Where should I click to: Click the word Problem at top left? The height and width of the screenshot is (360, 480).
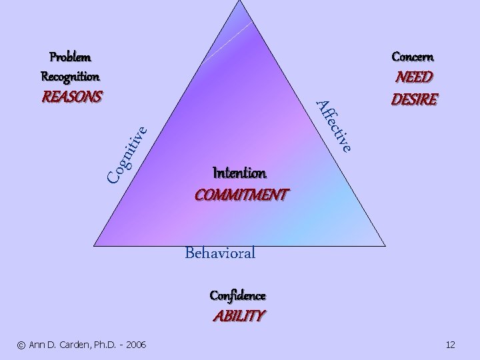[71, 57]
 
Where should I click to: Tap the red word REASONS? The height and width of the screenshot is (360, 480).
[72, 97]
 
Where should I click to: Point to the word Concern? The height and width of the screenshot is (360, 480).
[414, 57]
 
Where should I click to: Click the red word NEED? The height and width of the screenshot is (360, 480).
[414, 77]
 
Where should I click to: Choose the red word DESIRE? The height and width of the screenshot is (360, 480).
[414, 99]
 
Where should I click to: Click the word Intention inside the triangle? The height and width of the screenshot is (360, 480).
[239, 173]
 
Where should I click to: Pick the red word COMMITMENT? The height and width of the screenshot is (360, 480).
[241, 195]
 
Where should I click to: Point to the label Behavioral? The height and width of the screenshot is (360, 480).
[220, 253]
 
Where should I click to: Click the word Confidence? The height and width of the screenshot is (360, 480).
[238, 295]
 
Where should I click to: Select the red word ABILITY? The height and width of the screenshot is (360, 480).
[238, 315]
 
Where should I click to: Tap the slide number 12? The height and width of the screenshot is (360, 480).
[450, 345]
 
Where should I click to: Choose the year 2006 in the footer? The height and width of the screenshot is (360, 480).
[135, 345]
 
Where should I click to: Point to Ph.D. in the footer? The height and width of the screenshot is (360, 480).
[100, 345]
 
